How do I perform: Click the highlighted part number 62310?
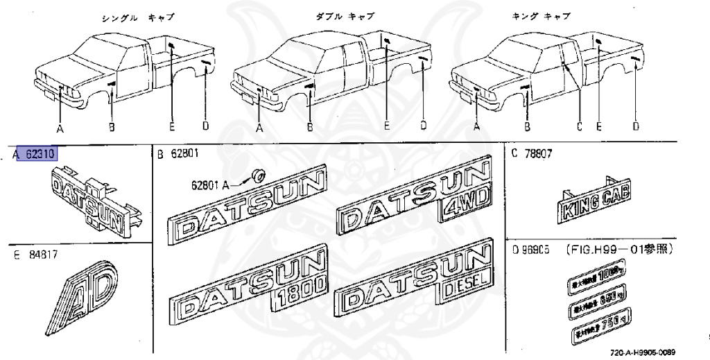(40, 154)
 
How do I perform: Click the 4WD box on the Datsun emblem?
(465, 208)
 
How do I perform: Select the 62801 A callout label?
(211, 185)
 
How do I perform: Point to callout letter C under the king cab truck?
(579, 127)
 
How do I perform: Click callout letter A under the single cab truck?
(60, 128)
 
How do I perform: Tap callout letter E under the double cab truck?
(387, 127)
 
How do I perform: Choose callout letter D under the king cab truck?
(635, 127)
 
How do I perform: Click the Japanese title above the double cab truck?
(346, 16)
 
